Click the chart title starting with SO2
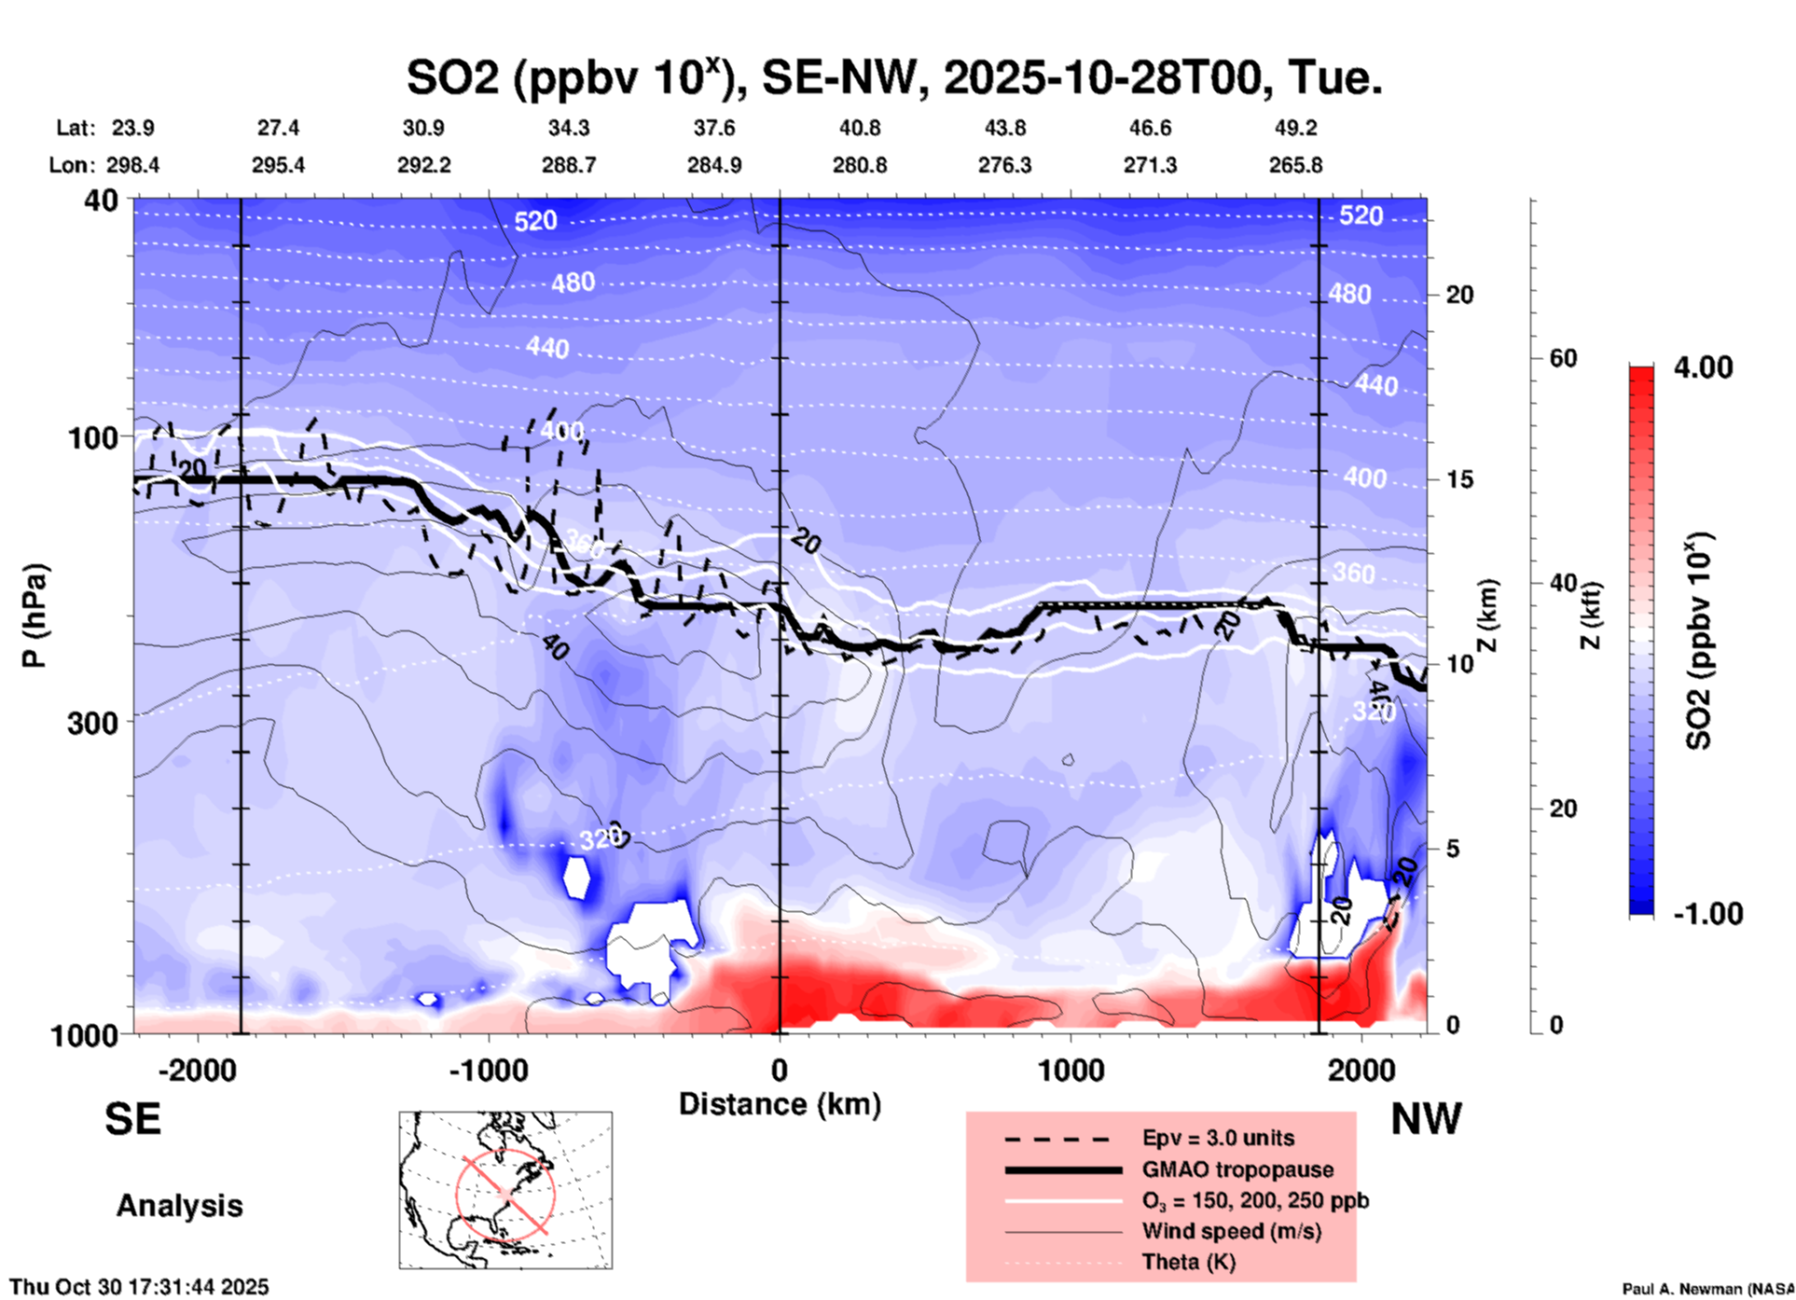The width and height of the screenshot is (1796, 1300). [893, 78]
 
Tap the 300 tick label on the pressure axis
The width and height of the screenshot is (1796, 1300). [93, 722]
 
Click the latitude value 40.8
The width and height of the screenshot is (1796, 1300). [859, 128]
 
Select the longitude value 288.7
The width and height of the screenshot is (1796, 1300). [568, 165]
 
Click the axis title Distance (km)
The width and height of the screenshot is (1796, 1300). [780, 1104]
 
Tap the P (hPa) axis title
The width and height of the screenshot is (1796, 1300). [35, 615]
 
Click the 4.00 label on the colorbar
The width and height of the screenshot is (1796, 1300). [1703, 367]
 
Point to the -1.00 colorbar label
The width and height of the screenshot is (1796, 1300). [1707, 913]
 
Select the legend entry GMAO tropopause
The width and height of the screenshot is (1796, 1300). [1237, 1169]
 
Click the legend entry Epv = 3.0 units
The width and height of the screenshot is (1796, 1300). [1218, 1138]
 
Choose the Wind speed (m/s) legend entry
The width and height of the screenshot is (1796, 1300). [1231, 1231]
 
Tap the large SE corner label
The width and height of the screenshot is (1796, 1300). [132, 1119]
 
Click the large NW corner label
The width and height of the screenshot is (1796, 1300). [1426, 1119]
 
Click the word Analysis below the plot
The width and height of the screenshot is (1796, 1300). [179, 1206]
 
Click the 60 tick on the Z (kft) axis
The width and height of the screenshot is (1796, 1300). [1563, 358]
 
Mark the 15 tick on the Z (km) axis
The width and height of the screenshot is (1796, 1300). [1458, 479]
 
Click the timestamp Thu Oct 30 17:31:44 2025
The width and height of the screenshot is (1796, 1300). [139, 1287]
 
